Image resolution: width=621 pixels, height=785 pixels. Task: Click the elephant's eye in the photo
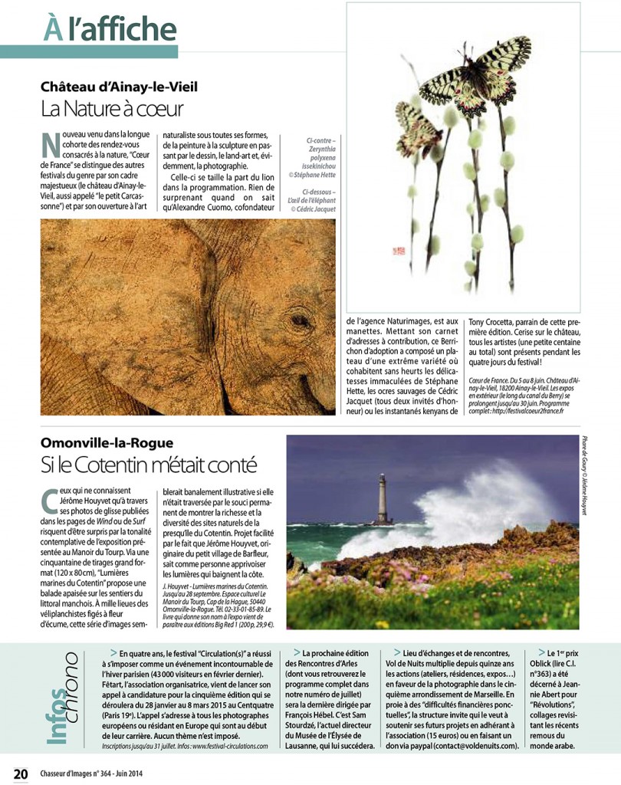pos(297,322)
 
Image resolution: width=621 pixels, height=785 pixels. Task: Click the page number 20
pos(20,770)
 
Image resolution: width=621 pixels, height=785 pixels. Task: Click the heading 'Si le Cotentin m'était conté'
pos(148,465)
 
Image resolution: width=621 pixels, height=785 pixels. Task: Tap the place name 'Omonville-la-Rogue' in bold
pos(107,442)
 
